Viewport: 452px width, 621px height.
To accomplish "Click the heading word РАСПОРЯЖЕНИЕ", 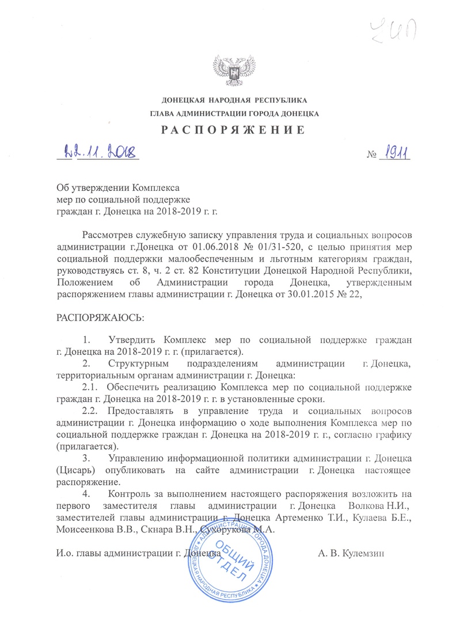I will point(226,128).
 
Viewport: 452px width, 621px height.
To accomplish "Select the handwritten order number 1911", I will point(394,154).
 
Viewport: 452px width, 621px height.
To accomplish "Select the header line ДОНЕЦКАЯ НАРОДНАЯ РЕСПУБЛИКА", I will point(226,101).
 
